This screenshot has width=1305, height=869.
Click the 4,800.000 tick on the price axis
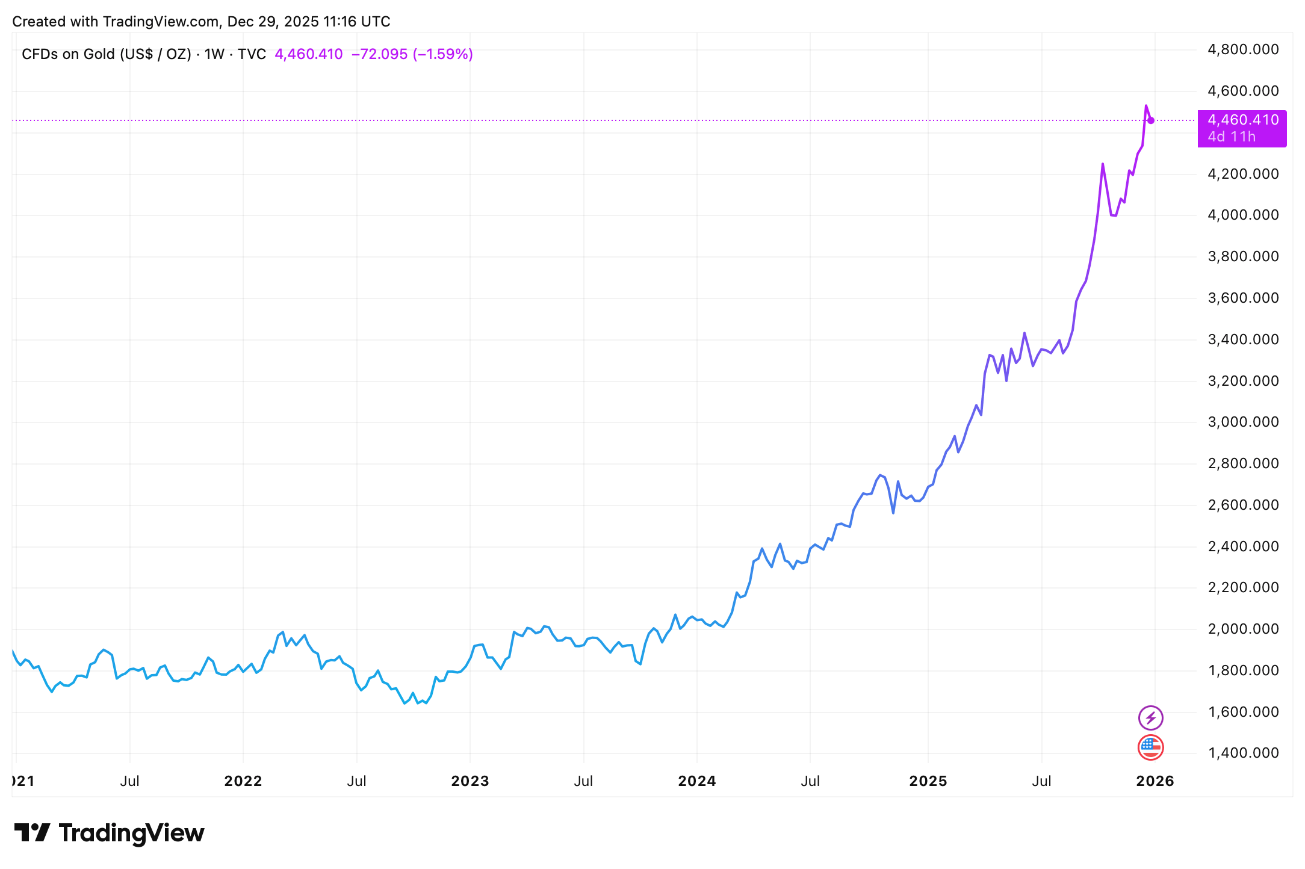tap(1242, 49)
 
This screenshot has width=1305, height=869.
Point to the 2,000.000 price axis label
tap(1242, 629)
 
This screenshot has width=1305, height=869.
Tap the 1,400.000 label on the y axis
tap(1242, 753)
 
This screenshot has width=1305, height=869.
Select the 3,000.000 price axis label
tap(1242, 422)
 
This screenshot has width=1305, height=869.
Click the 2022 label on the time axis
tap(243, 781)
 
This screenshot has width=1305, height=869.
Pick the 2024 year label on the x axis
tap(697, 781)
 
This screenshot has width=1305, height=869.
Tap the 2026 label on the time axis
tap(1155, 781)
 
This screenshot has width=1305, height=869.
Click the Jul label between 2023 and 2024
tap(583, 781)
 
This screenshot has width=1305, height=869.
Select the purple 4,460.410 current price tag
tap(1242, 120)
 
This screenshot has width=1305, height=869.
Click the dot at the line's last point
tap(1151, 120)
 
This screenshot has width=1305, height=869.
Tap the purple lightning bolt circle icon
tap(1150, 718)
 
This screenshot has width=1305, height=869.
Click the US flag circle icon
tap(1150, 747)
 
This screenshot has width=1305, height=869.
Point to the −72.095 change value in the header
tap(379, 54)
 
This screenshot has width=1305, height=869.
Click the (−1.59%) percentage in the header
tap(442, 54)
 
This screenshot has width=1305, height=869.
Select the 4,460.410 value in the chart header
tap(308, 54)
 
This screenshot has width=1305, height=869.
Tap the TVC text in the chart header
tap(252, 54)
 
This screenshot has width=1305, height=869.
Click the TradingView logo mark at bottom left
tap(32, 833)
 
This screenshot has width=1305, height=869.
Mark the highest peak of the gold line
tap(1145, 106)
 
